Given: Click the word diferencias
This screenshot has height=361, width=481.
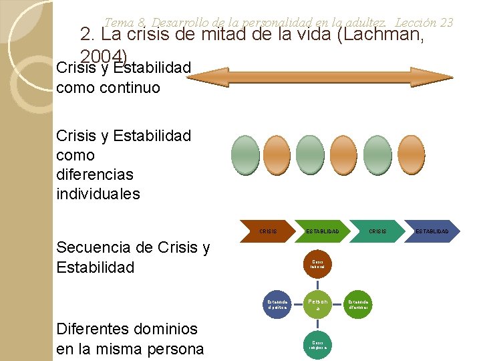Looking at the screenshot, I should point(95,174).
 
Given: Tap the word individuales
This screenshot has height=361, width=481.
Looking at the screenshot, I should point(98,194).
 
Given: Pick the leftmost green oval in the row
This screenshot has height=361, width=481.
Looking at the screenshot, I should point(245,154).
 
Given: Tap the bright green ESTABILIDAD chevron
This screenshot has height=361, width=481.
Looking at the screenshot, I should point(322,231).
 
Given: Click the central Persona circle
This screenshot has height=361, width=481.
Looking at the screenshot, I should point(317,305).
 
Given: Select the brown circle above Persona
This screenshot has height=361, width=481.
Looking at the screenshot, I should point(317,265).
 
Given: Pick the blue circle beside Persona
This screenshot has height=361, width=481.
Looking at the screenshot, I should point(277,305).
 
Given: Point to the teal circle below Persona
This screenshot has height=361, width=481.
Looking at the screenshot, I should point(317,344).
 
